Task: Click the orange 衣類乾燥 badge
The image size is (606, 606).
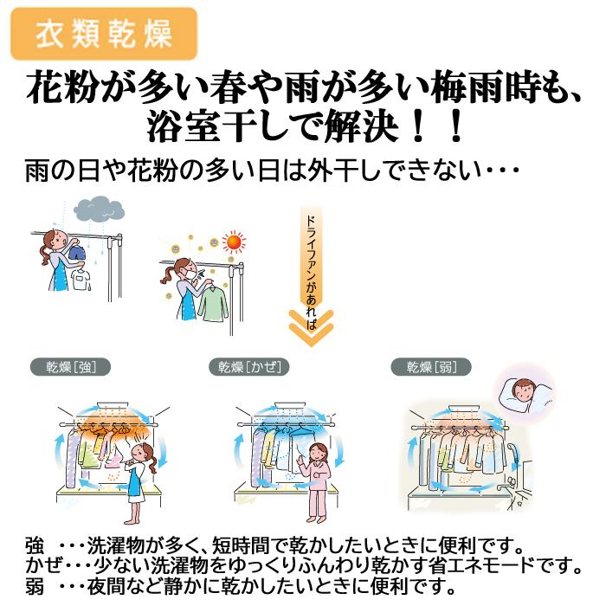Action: tap(104, 34)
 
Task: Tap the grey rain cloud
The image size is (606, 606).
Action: tap(98, 209)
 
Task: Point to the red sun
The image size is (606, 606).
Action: tap(231, 242)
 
